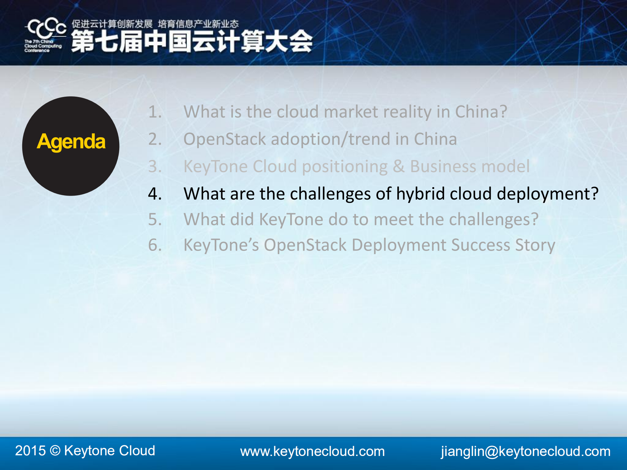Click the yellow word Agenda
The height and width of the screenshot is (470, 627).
coord(71,142)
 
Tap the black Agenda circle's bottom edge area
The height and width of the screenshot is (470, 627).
coord(71,193)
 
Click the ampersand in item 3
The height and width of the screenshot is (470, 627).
coord(399,166)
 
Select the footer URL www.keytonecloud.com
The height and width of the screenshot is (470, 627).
coord(312,451)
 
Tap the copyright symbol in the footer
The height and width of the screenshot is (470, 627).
coord(55,451)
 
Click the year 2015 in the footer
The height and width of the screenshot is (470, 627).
coord(30,451)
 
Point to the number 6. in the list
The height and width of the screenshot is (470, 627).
coord(155,245)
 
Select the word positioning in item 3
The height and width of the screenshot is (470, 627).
coord(345,167)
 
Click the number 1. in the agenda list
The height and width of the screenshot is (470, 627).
coord(155,112)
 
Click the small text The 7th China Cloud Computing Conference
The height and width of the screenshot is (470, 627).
coord(43,46)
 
